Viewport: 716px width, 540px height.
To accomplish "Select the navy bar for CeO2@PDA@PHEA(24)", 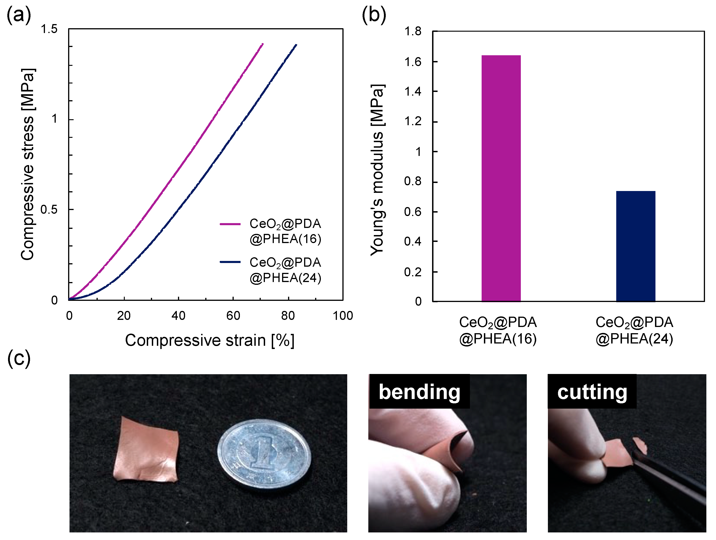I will [x=636, y=246].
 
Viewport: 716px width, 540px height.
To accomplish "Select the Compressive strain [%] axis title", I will [x=210, y=340].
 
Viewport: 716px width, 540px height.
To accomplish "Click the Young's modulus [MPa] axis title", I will [x=377, y=170].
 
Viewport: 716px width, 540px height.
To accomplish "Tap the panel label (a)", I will [x=19, y=14].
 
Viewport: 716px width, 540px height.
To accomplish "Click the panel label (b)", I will [x=374, y=14].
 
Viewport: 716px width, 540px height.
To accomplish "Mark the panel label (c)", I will [x=19, y=358].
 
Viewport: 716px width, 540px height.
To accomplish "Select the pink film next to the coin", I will [x=146, y=451].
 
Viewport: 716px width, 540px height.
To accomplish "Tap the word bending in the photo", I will [x=419, y=392].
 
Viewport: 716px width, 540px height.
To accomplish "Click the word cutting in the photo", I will [x=592, y=392].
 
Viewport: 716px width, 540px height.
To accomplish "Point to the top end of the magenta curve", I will [x=263, y=44].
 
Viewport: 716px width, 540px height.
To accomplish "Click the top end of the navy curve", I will [x=296, y=45].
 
